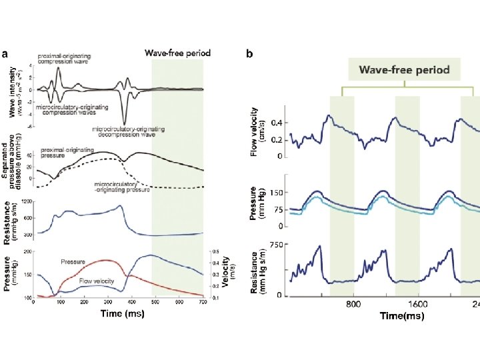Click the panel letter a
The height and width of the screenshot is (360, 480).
click(x=5, y=54)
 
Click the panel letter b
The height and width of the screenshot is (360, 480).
click(x=249, y=54)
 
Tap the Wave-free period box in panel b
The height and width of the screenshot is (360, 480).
click(x=405, y=69)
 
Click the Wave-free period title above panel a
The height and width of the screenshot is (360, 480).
click(x=177, y=53)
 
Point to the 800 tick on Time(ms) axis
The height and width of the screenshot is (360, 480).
click(x=353, y=304)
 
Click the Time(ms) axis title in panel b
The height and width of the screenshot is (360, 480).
click(x=401, y=316)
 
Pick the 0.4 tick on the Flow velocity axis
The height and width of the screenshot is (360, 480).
click(x=275, y=123)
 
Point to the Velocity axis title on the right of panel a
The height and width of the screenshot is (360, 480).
click(x=226, y=273)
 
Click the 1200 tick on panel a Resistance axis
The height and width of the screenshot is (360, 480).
click(x=27, y=201)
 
